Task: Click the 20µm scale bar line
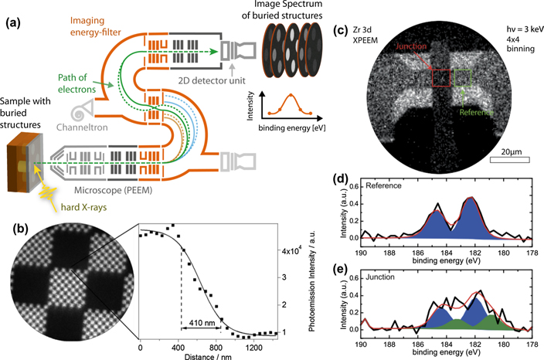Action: (x=510, y=161)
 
